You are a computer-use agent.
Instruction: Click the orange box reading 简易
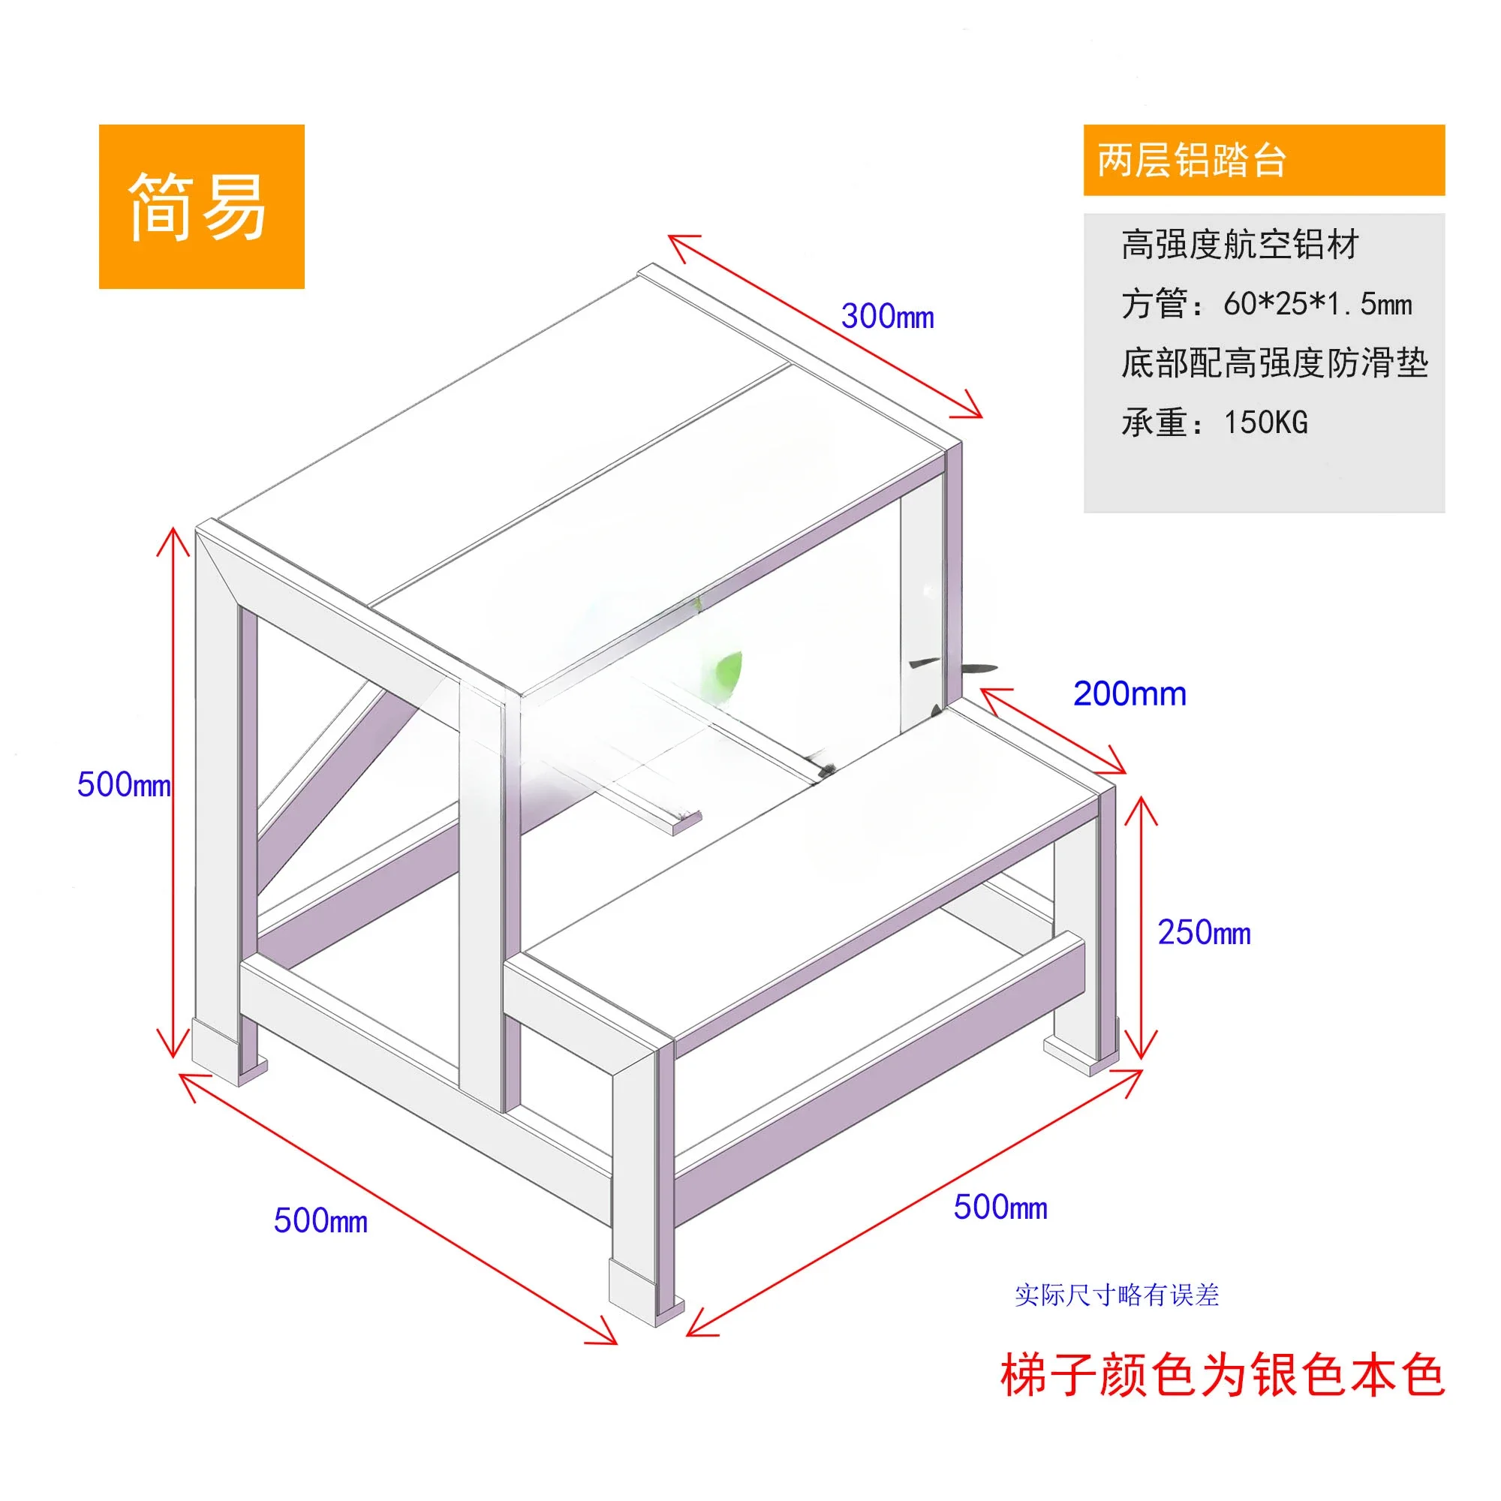[x=201, y=206]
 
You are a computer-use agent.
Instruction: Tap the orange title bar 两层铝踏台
[x=1263, y=160]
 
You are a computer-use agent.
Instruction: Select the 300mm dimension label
[x=887, y=316]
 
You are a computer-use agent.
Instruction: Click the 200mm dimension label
[x=1129, y=693]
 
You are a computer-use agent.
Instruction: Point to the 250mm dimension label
[x=1204, y=932]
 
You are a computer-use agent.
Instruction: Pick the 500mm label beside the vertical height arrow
[x=124, y=784]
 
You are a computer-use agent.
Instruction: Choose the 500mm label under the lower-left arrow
[x=320, y=1220]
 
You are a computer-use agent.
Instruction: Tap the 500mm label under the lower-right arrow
[x=1000, y=1208]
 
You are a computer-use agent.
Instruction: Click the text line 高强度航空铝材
[x=1239, y=245]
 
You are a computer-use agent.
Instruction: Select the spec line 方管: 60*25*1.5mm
[x=1265, y=304]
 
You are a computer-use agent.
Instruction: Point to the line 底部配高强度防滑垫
[x=1274, y=362]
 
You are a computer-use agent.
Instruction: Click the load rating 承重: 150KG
[x=1214, y=423]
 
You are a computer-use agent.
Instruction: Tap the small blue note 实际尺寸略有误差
[x=1117, y=1295]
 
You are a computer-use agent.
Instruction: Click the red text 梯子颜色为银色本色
[x=1221, y=1375]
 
